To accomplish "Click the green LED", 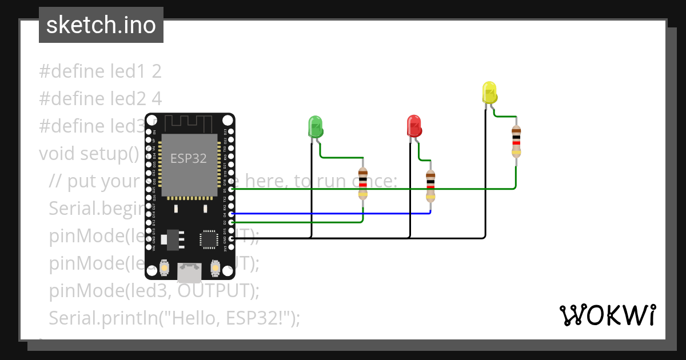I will point(316,126).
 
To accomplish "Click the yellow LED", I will point(489,93).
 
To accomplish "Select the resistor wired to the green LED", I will point(362,183).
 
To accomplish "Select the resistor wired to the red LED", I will point(430,186).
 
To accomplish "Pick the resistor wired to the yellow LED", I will point(516,141).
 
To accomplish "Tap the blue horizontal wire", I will point(332,213).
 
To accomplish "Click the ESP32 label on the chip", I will point(189,158).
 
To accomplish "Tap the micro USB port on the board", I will point(189,273).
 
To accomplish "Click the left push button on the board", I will point(165,267).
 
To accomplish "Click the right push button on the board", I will point(216,267).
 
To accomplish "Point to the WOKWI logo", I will point(607,315).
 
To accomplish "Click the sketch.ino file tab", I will point(101,25).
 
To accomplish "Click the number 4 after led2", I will point(157,99).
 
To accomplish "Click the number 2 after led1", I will point(157,71).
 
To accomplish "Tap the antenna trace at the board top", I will point(189,122).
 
